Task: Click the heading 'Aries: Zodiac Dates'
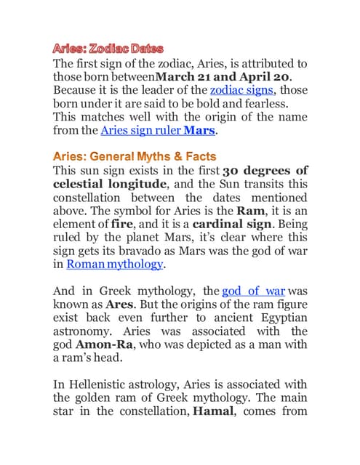click(107, 49)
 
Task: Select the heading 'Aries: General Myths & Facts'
click(135, 155)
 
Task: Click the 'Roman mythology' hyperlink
click(114, 264)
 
